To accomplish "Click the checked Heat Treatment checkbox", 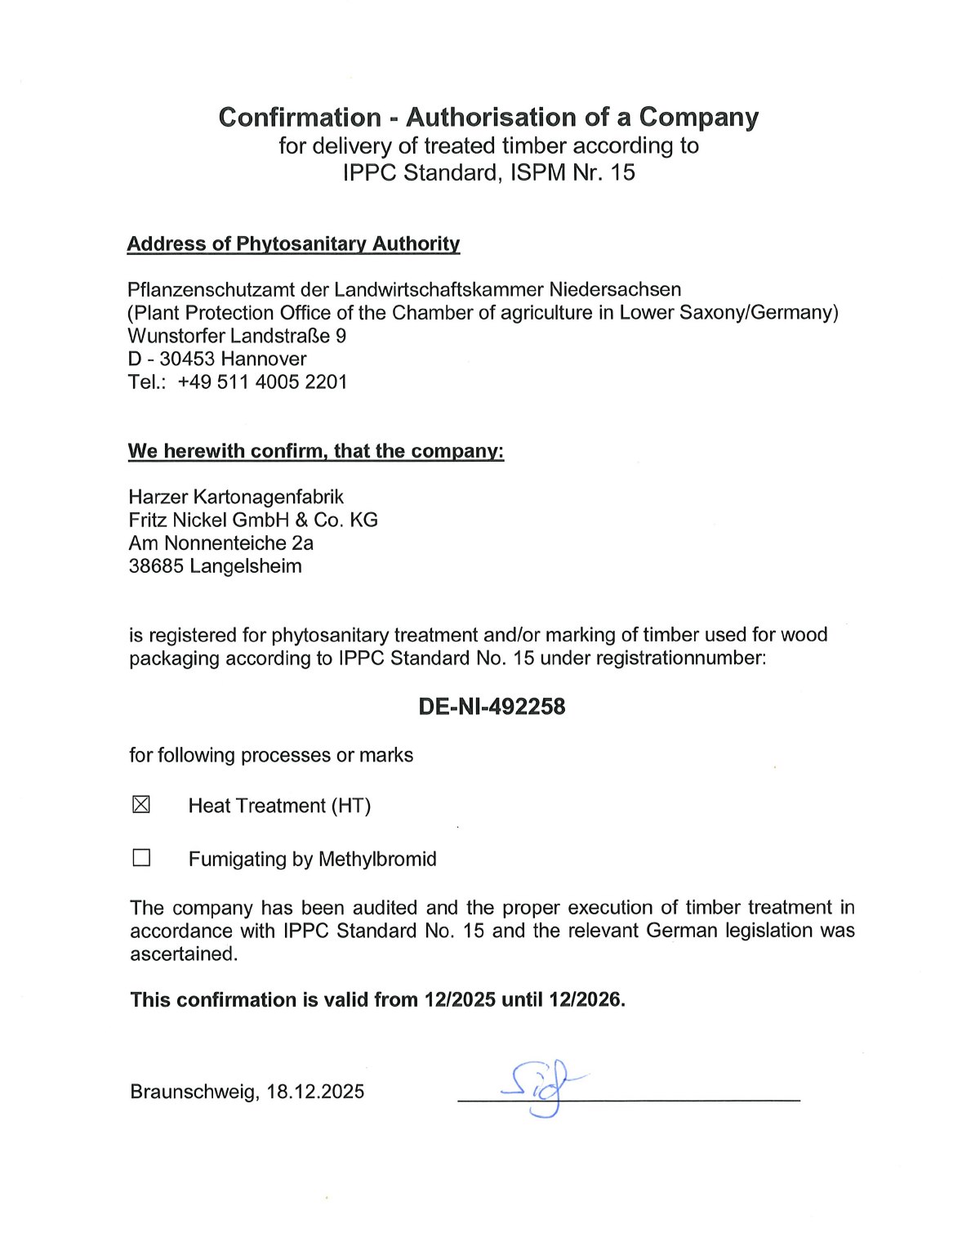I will coord(141,805).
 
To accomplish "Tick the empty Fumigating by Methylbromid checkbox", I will coord(141,857).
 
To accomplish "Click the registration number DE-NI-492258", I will coord(492,707).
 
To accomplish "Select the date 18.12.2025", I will coord(315,1092).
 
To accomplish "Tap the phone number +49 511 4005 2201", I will coord(262,382).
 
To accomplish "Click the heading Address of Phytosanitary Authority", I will coord(293,243).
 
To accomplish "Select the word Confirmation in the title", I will coord(300,117).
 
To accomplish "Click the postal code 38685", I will coord(156,566).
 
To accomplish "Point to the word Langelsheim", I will coord(245,566).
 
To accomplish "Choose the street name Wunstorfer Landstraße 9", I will coord(237,336).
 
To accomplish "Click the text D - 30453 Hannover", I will coord(217,359).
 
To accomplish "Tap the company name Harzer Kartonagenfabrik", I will coord(236,497).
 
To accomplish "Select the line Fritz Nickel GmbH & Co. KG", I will coord(253,520).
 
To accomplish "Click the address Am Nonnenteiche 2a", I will coord(220,543).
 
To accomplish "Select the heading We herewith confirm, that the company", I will coord(316,451).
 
